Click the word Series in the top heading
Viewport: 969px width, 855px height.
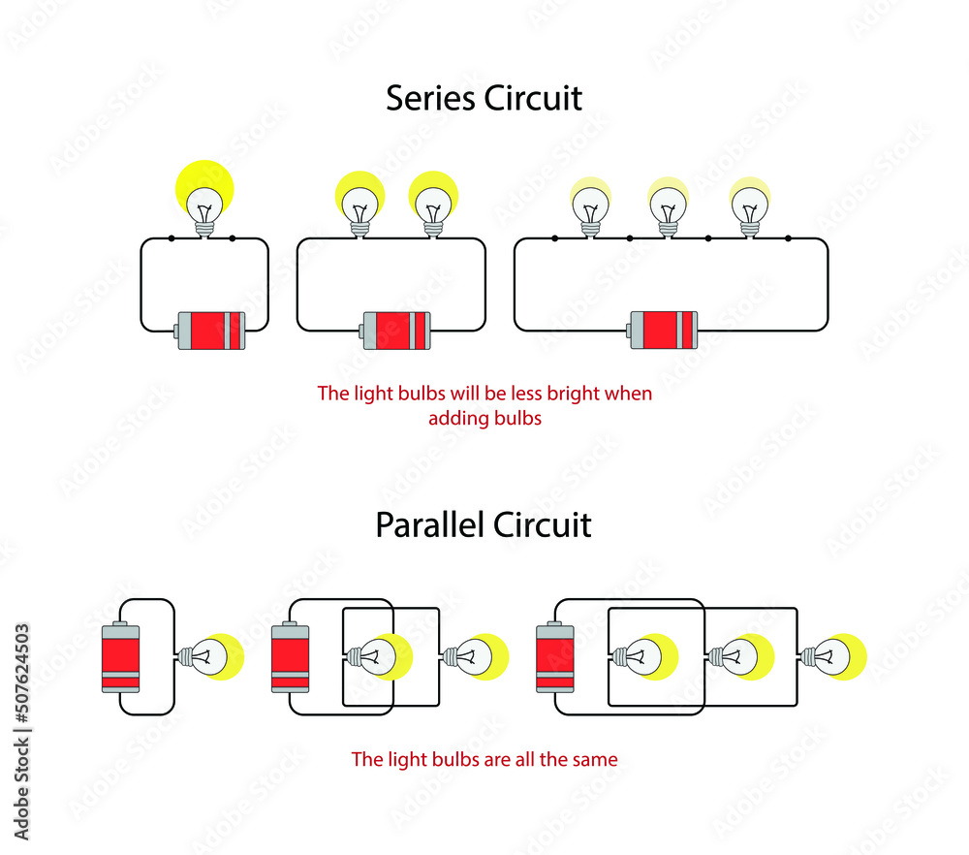pyautogui.click(x=430, y=98)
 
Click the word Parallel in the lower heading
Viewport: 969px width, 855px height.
pyautogui.click(x=429, y=524)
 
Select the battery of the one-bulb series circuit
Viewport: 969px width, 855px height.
pyautogui.click(x=210, y=331)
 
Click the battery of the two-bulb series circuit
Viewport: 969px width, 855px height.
pyautogui.click(x=395, y=331)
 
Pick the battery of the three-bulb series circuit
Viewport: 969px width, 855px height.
pyautogui.click(x=663, y=331)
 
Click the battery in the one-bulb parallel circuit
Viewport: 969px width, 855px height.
pyautogui.click(x=120, y=656)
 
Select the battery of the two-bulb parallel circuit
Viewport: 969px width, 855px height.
pyautogui.click(x=291, y=656)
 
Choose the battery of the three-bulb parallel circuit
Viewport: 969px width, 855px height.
pyautogui.click(x=555, y=656)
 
